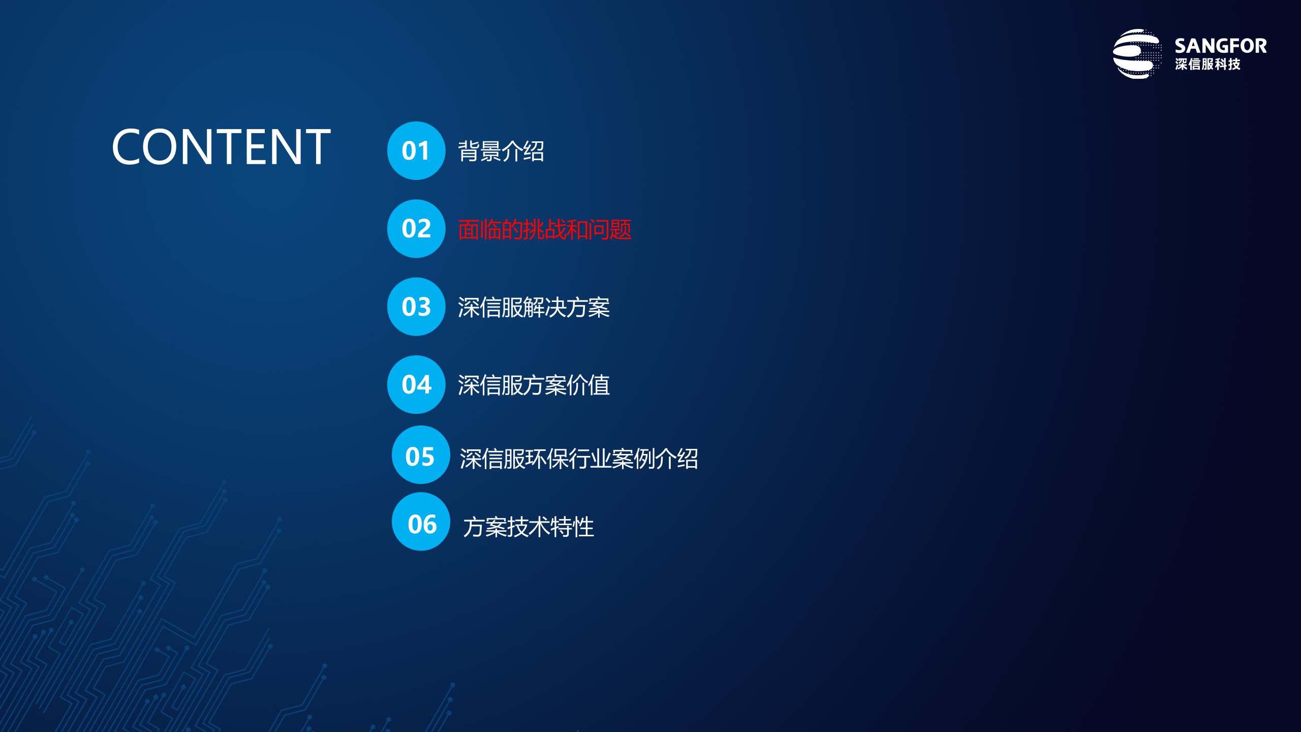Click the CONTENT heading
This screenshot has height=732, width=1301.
coord(221,147)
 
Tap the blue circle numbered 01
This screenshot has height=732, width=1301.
coord(416,150)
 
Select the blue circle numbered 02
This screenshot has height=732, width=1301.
coord(416,229)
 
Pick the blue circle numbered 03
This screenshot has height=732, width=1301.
coord(416,307)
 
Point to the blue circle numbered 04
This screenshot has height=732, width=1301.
coord(416,384)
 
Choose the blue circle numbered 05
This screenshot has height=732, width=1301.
coord(421,455)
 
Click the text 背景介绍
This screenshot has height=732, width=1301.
coord(501,151)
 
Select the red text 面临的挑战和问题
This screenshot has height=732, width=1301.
coord(544,230)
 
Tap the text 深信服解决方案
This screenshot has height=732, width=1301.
coord(534,308)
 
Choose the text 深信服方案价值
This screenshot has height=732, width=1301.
coord(534,385)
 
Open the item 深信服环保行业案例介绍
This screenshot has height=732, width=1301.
coord(579,459)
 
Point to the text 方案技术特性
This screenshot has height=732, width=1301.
coord(529,527)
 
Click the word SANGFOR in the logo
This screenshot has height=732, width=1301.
coord(1220,46)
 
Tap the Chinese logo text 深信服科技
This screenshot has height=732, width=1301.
coord(1207,65)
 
